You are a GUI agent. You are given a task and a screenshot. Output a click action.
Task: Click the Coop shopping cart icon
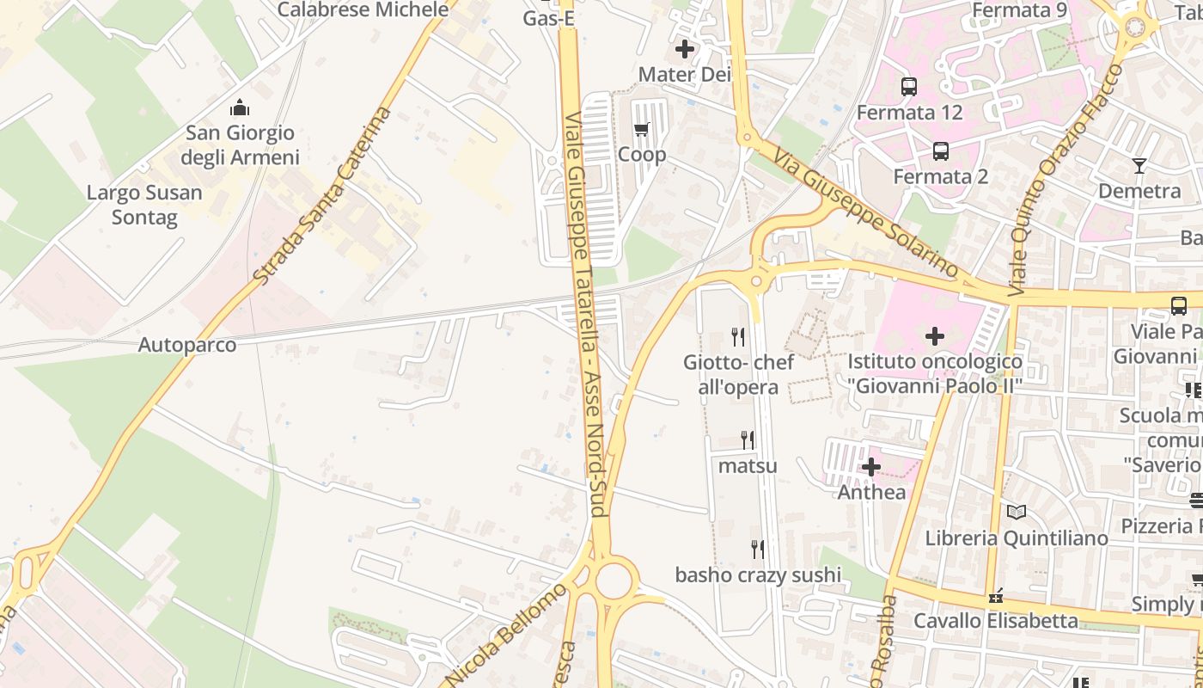[x=641, y=130]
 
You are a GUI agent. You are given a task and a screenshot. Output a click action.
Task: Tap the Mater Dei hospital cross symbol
[x=685, y=50]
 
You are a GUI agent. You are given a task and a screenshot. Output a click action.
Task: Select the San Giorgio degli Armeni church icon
[x=239, y=107]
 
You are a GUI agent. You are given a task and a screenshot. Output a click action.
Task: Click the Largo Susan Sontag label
[x=144, y=205]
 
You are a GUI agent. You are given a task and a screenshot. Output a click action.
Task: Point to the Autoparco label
[x=187, y=345]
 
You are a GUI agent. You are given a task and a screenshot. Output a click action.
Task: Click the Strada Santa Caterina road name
[x=323, y=196]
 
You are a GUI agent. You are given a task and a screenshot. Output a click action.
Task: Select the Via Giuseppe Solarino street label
[x=864, y=212]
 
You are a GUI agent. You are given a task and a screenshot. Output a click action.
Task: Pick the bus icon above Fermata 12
[x=909, y=86]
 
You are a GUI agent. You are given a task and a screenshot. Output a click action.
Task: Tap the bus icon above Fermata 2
[x=941, y=151]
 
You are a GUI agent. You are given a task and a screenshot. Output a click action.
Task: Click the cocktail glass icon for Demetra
[x=1139, y=166]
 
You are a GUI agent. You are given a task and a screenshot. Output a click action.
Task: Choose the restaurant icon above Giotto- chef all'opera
[x=737, y=336]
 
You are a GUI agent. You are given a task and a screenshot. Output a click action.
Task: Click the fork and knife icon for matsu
[x=748, y=440]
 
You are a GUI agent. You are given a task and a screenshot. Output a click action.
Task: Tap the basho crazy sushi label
[x=758, y=574]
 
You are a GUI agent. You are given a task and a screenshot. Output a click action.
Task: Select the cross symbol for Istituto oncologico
[x=935, y=336]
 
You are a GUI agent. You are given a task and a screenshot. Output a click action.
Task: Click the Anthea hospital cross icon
[x=871, y=467]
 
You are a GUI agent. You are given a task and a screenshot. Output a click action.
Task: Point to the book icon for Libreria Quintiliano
[x=1017, y=513]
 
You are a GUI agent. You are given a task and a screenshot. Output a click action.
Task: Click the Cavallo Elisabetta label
[x=995, y=620]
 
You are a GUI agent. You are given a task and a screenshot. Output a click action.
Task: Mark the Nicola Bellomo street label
[x=507, y=635]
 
